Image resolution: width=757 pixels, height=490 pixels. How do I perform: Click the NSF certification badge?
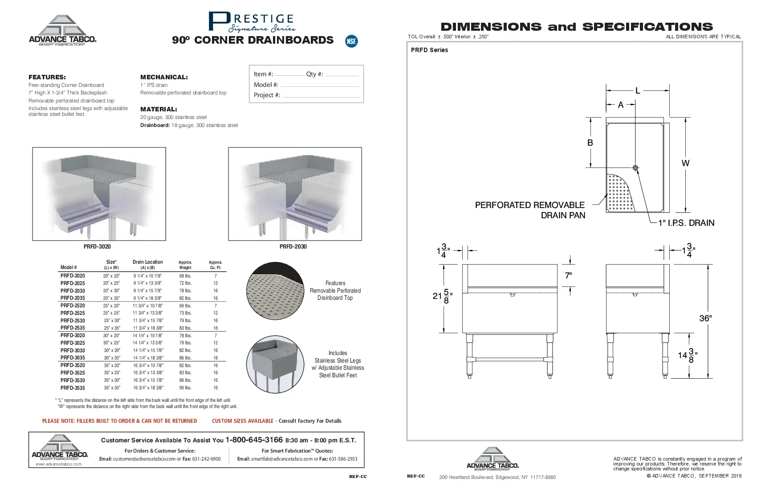[351, 41]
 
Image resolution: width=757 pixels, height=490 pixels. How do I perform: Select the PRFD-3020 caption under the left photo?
[97, 247]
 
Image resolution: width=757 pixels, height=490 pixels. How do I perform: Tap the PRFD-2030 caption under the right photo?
[293, 247]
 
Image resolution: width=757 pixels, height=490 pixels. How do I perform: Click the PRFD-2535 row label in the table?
[73, 328]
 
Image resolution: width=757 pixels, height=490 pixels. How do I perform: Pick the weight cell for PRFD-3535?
[185, 388]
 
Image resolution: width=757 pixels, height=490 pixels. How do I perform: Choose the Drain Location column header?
[147, 262]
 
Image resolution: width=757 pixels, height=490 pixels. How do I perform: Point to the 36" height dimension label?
[705, 318]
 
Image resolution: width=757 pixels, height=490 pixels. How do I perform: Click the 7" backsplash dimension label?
[568, 276]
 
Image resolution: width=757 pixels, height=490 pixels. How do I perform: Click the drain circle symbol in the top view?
[635, 168]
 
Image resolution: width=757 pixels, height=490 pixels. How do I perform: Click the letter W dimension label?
[685, 163]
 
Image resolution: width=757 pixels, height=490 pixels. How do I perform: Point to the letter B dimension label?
[590, 143]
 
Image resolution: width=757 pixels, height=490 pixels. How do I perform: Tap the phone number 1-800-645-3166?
[254, 440]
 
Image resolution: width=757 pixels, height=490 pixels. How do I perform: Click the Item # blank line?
[289, 75]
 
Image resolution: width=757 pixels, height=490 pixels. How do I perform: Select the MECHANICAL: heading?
[164, 77]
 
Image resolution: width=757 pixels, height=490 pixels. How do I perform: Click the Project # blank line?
[321, 96]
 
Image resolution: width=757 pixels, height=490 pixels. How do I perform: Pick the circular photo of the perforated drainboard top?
[275, 291]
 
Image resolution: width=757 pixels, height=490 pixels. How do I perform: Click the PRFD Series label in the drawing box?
[429, 50]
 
